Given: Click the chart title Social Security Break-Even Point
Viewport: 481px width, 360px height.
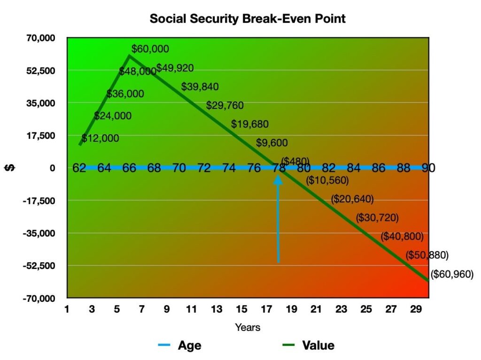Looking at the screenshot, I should click(x=248, y=19).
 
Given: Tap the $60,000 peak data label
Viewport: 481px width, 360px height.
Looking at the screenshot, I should click(x=150, y=49).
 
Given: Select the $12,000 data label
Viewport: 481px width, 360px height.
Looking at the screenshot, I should click(x=101, y=138).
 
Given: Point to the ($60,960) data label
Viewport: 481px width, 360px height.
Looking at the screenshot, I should click(x=452, y=275).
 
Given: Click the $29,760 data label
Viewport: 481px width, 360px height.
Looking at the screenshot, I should click(x=225, y=106).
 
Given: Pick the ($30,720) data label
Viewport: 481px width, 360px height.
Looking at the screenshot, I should click(x=377, y=218).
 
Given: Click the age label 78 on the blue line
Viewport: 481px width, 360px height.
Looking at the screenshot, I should click(x=278, y=168).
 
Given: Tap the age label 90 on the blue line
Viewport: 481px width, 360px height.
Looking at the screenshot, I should click(x=428, y=168).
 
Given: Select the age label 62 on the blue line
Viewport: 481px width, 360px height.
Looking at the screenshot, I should click(x=79, y=168).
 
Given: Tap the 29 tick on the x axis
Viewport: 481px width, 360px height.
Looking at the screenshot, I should click(x=416, y=310).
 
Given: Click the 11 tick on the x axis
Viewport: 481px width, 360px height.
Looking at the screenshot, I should click(x=192, y=310).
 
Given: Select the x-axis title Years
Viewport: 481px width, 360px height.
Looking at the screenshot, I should click(x=248, y=327).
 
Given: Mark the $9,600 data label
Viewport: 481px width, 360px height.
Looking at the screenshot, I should click(x=272, y=143).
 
